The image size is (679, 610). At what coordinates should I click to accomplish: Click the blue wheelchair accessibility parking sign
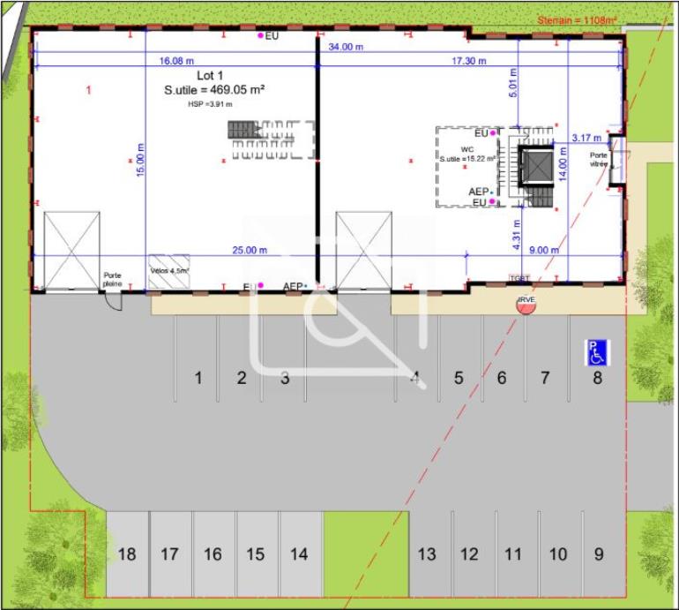pyautogui.click(x=597, y=353)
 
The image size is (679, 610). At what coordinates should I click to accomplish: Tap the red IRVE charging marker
pyautogui.click(x=526, y=302)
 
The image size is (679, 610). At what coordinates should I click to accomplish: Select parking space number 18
pyautogui.click(x=127, y=554)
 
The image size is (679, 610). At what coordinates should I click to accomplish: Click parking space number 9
pyautogui.click(x=599, y=554)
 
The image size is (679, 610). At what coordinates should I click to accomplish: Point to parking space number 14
pyautogui.click(x=299, y=554)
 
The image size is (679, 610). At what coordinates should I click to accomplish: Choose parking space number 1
pyautogui.click(x=198, y=378)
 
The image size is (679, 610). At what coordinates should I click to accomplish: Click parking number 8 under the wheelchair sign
pyautogui.click(x=597, y=378)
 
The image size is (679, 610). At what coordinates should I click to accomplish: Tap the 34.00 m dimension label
pyautogui.click(x=346, y=47)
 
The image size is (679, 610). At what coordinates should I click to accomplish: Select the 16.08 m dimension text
pyautogui.click(x=176, y=62)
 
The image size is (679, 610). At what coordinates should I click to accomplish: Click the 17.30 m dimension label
pyautogui.click(x=469, y=62)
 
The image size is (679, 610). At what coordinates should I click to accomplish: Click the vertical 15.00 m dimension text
pyautogui.click(x=140, y=160)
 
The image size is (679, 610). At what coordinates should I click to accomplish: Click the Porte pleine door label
pyautogui.click(x=113, y=279)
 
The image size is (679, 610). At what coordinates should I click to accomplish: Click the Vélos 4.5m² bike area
pyautogui.click(x=170, y=271)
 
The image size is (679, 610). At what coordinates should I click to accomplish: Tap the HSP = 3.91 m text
pyautogui.click(x=210, y=103)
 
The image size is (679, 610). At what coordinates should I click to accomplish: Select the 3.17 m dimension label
pyautogui.click(x=586, y=138)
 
